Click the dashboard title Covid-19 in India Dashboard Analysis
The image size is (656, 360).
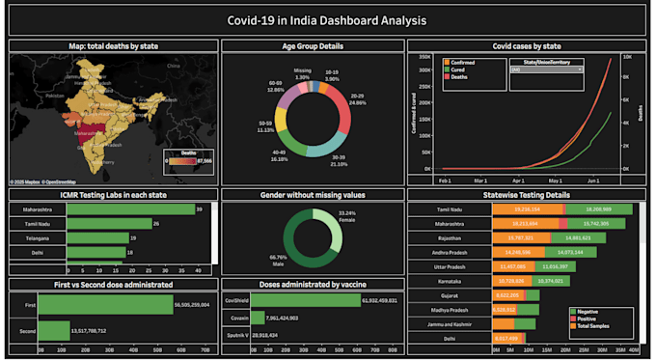point(327,18)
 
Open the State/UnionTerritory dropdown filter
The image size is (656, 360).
point(545,69)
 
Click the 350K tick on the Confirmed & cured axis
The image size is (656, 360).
point(423,56)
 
